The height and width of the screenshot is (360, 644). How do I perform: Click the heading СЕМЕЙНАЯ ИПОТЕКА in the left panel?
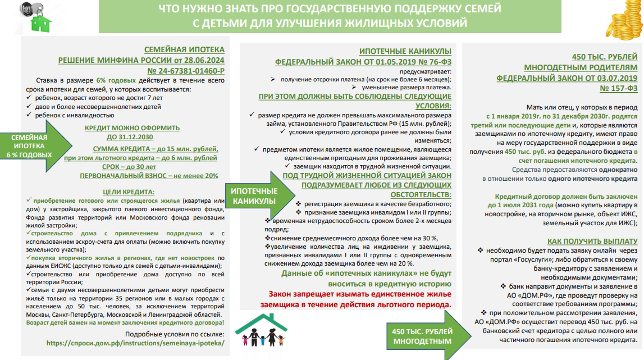[184, 49]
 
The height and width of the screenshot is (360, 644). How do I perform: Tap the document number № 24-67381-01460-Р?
[186, 71]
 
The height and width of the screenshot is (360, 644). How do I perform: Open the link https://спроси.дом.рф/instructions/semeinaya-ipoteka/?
[135, 342]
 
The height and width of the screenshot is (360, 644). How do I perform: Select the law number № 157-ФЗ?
[618, 89]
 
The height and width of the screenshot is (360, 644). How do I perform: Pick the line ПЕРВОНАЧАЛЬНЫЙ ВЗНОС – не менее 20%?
[149, 176]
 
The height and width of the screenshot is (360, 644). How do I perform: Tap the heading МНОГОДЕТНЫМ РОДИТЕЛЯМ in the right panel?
[587, 68]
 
